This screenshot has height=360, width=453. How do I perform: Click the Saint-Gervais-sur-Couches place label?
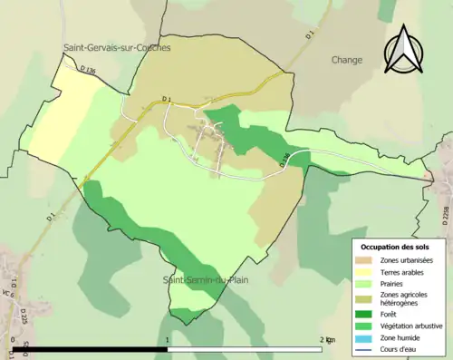[117, 47]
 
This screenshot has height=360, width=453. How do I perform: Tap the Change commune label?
[347, 60]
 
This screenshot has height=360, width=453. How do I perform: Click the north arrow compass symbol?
[404, 50]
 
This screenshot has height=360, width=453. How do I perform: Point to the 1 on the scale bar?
[169, 341]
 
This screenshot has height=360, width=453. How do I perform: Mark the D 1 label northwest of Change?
[308, 35]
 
